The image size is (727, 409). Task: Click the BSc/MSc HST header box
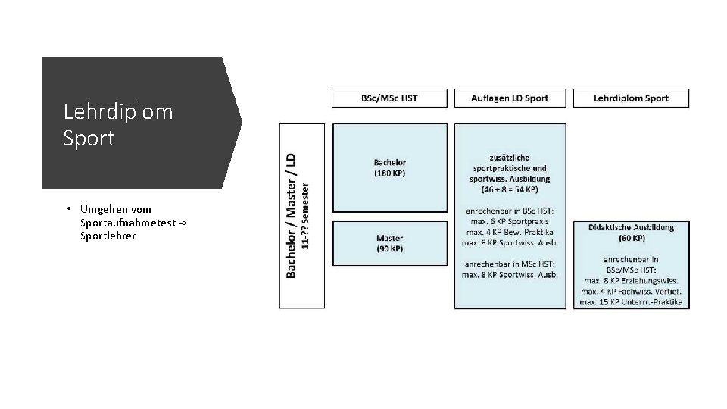coord(389,98)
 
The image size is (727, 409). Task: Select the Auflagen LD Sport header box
coord(510,98)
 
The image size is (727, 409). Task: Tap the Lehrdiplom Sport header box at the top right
coord(631,98)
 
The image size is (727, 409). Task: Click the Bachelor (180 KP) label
coord(389,167)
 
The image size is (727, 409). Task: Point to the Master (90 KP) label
coord(389,244)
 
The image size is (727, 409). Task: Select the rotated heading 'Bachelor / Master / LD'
coord(291,215)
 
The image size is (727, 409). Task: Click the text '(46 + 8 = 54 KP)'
coord(510,189)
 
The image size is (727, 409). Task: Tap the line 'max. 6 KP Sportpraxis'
coord(510,220)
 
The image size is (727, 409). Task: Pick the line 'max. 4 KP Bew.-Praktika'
coord(510,231)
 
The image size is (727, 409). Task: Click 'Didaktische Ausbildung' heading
coord(631,227)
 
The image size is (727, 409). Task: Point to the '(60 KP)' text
coord(631,238)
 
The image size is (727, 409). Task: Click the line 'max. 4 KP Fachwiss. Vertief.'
coord(631,292)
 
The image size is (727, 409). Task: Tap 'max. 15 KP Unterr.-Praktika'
coord(631,302)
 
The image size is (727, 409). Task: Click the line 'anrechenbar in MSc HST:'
coord(510,263)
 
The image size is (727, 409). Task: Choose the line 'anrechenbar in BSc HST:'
coord(510,210)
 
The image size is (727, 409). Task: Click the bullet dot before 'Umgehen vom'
coord(68,209)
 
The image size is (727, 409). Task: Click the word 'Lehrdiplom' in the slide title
coord(118,112)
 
